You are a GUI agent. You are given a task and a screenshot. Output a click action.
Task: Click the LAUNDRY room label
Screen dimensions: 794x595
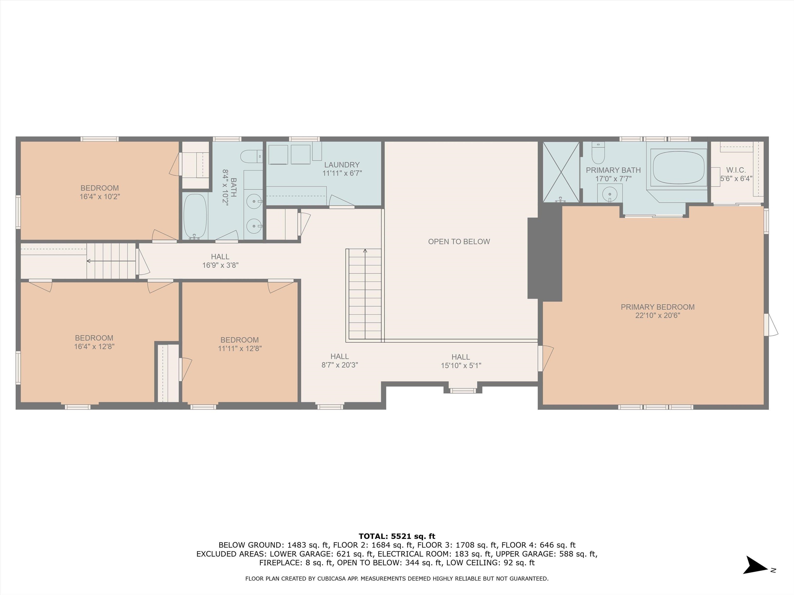(x=342, y=165)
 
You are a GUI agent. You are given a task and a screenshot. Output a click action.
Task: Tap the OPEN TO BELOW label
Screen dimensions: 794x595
(x=459, y=242)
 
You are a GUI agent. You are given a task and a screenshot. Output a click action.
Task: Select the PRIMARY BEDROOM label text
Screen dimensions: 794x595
(x=658, y=307)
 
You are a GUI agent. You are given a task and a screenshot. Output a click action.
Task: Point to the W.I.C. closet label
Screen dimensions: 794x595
(x=736, y=170)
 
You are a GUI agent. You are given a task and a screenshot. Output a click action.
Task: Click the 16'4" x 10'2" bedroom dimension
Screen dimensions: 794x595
(x=100, y=197)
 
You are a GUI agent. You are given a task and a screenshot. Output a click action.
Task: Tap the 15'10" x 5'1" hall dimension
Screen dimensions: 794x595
(x=461, y=365)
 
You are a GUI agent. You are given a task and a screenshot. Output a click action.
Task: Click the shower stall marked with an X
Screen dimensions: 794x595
(x=561, y=171)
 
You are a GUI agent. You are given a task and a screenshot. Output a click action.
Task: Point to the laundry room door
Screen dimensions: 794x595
(x=342, y=201)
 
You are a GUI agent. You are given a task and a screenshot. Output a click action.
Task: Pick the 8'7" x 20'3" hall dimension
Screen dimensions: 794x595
(x=340, y=365)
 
